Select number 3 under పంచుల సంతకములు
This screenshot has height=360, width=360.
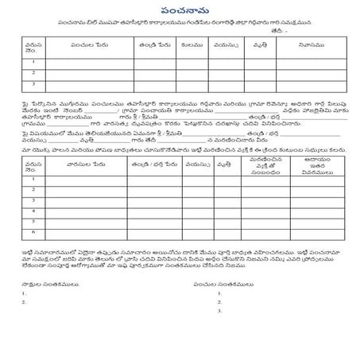click(x=219, y=311)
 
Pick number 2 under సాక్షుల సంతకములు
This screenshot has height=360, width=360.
click(x=25, y=302)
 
